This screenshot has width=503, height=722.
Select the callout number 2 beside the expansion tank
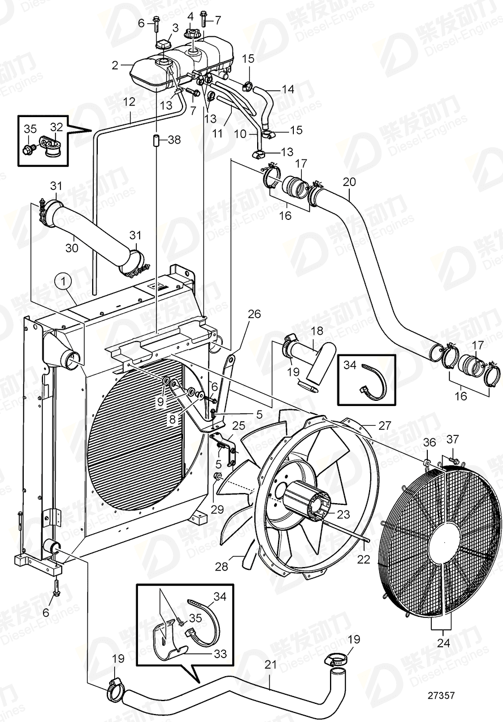(x=115, y=65)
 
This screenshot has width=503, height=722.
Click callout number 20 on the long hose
(x=349, y=181)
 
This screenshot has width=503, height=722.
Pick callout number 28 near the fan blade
(x=222, y=567)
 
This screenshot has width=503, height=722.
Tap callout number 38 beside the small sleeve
(x=174, y=140)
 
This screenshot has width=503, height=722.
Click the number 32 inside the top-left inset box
(x=57, y=127)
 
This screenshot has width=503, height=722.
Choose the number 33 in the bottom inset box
(x=219, y=653)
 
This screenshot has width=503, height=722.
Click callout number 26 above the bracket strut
(x=254, y=313)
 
